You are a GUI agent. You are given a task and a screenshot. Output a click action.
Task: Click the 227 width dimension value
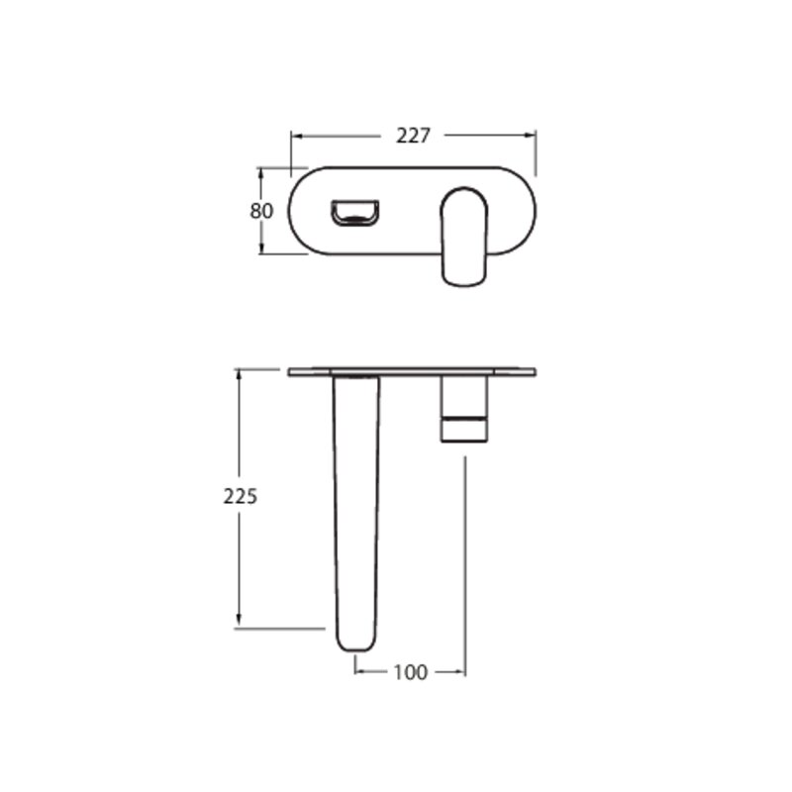point(413,136)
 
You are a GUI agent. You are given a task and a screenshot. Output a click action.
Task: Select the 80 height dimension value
point(261,211)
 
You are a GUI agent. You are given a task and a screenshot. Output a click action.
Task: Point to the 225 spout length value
point(241,497)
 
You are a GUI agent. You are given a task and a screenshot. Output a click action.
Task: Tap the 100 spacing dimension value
point(410,672)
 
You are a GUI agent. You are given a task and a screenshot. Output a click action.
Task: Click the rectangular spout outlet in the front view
point(354,213)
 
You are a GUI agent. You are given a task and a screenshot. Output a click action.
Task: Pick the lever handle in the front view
point(464,237)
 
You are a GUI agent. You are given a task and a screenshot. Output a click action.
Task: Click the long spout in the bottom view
point(355,513)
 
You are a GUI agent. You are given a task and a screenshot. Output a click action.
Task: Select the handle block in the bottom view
point(464,409)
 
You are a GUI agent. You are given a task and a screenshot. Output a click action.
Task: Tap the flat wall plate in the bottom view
point(412,372)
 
